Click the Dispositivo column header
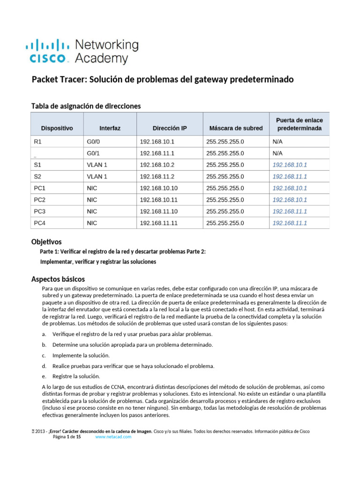pos(57,128)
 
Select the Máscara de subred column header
pos(236,128)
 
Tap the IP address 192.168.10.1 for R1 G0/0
pos(157,142)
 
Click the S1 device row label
pos(37,165)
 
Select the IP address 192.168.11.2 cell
pos(157,177)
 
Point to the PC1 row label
pos(40,188)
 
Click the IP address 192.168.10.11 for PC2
pos(158,200)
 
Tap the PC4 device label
pos(40,223)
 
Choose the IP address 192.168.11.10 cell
pos(158,211)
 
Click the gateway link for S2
pos(290,177)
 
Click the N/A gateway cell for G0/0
pos(277,142)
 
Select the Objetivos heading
pos(46,242)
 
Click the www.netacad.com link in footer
pos(113,437)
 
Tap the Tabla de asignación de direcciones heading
pos(86,106)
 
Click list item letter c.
pos(44,355)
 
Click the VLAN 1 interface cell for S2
pos(97,177)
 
